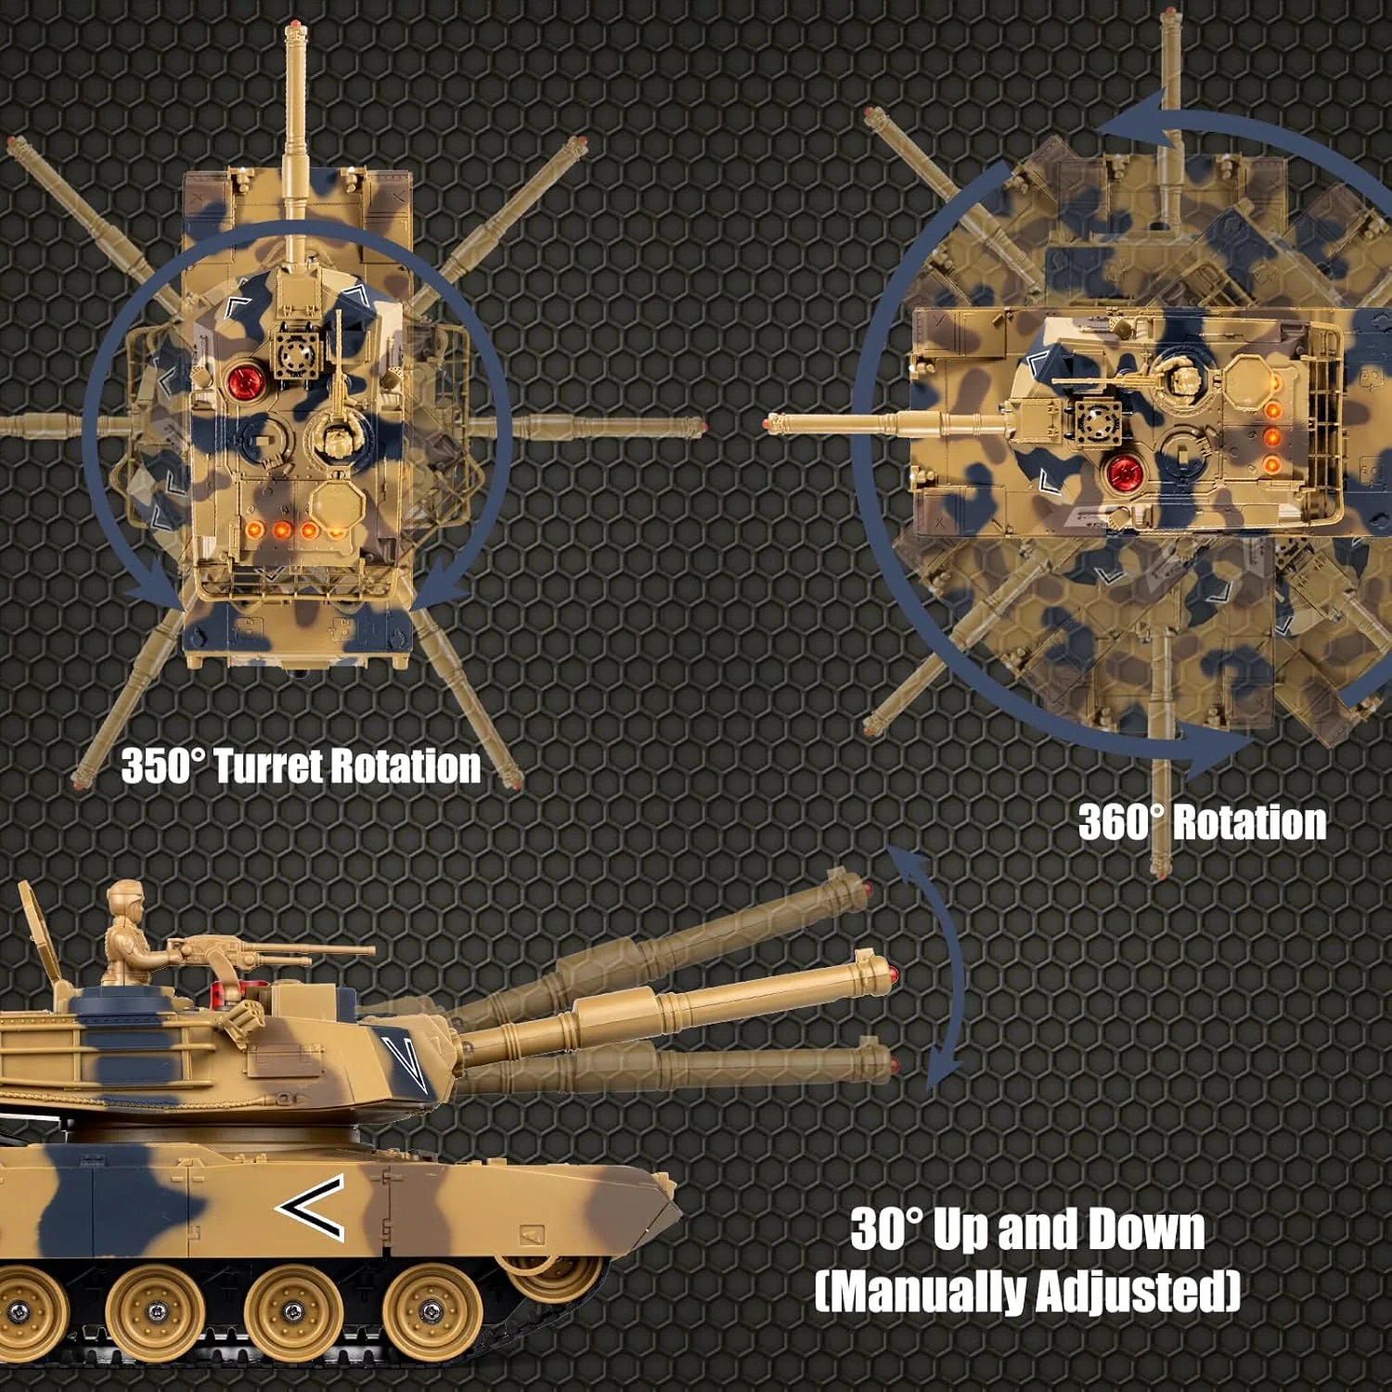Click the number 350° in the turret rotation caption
point(161,767)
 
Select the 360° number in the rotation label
point(1120,823)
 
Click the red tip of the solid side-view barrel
point(892,974)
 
